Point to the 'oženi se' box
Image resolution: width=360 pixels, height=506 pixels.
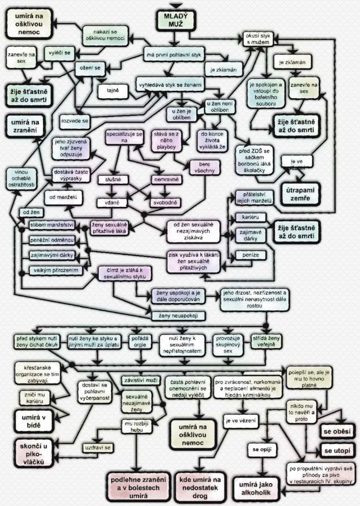point(90,68)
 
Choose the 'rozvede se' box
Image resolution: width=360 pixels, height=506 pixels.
point(75,121)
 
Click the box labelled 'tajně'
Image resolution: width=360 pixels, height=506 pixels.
point(112,90)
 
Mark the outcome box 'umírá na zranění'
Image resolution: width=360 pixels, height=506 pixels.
point(25,126)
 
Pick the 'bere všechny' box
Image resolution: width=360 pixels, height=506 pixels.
point(205,168)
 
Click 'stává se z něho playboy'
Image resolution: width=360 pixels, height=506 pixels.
point(166,140)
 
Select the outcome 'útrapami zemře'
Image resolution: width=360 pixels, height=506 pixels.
point(300,194)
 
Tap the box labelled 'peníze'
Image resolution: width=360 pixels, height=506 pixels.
point(250,255)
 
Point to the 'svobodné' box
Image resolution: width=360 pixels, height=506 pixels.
point(165,203)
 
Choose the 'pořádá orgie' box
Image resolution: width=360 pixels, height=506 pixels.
point(140,341)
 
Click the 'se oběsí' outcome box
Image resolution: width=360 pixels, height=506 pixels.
point(337,431)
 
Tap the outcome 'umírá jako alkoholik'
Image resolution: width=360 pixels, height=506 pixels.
point(256,488)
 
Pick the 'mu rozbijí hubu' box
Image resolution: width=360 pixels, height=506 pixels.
point(137,426)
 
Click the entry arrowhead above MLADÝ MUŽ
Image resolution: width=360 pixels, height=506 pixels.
point(176,5)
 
